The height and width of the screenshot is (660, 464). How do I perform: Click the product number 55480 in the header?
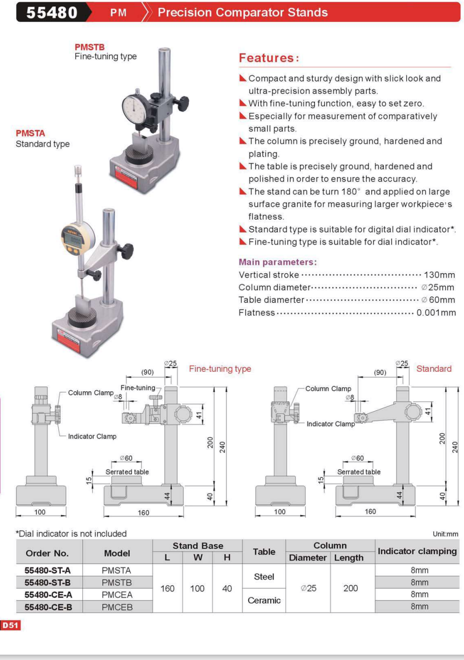[x=52, y=12]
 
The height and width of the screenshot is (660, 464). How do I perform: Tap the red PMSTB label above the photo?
[x=89, y=47]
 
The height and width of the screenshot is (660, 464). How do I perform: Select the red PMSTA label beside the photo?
[x=30, y=133]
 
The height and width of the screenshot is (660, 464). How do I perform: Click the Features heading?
[x=269, y=58]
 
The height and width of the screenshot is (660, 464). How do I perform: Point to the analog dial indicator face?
[x=135, y=109]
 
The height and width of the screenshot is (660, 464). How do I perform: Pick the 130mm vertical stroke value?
[x=439, y=275]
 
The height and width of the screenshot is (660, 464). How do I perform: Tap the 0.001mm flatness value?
[x=436, y=313]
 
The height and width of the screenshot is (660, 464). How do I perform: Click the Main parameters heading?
[x=277, y=262]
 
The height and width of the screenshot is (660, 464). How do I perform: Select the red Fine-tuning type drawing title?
[x=220, y=369]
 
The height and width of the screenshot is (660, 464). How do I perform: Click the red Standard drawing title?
[x=434, y=369]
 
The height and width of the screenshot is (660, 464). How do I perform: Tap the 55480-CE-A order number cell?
[x=49, y=595]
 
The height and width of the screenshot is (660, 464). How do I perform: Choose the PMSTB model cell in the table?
[x=117, y=582]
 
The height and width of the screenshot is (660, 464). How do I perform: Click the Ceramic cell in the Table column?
[x=264, y=601]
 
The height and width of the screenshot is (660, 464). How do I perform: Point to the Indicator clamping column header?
[x=417, y=551]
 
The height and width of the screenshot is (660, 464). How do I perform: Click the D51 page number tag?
[x=10, y=625]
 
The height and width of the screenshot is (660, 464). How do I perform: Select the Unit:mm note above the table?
[x=445, y=534]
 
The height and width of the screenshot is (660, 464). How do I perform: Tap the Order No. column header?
[x=47, y=553]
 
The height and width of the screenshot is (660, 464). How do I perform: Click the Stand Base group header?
[x=198, y=546]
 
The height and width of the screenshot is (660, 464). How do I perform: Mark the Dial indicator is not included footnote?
[x=71, y=534]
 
